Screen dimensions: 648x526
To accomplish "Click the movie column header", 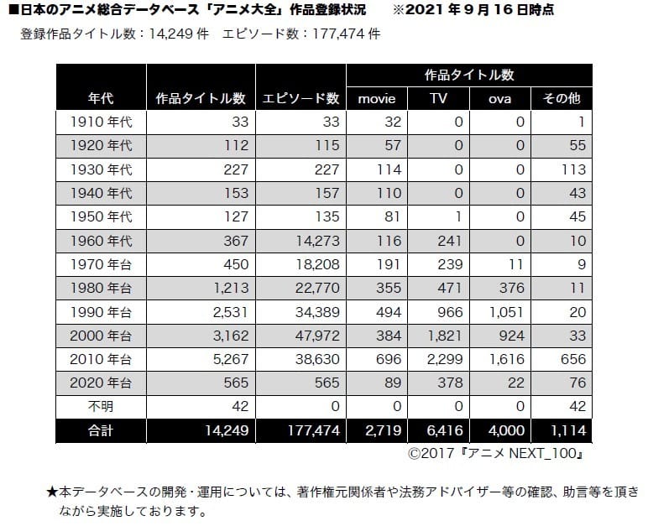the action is [377, 99].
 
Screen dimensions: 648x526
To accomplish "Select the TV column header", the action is [438, 98].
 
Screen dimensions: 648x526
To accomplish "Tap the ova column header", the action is [499, 99].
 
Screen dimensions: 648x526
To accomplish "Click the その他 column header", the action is [562, 98].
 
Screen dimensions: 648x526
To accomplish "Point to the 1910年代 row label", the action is [101, 122].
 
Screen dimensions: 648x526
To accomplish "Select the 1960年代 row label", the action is [101, 241].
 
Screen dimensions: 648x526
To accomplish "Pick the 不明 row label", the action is [101, 407].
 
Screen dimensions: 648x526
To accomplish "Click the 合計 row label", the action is [101, 430].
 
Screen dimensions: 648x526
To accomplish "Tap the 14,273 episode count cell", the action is [317, 241].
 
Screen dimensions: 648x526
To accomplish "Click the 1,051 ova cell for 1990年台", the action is [507, 312].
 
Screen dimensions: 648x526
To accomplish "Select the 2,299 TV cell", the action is [445, 359].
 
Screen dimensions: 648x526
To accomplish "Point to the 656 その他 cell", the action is [573, 359].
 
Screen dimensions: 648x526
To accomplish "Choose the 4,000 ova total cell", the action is [507, 430].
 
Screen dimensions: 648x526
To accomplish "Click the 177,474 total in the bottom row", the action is [314, 430].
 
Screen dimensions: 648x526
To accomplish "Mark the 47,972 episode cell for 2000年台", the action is [317, 336].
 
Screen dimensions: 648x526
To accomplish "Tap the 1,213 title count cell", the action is [231, 288].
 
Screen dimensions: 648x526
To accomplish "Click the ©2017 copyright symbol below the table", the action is [415, 454].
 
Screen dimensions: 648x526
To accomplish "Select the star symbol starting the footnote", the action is [52, 492].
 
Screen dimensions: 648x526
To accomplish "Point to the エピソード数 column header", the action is [300, 98].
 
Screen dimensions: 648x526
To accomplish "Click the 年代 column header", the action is [101, 98].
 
